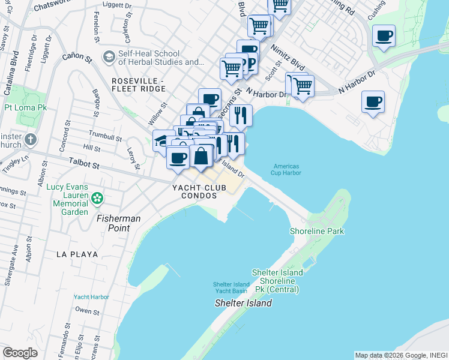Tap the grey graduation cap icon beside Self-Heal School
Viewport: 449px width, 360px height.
click(109, 57)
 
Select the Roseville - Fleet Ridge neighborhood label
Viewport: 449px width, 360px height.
click(137, 85)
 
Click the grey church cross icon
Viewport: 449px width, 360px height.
click(31, 140)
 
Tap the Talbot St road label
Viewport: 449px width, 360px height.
click(83, 161)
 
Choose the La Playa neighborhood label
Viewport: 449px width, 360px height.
click(77, 254)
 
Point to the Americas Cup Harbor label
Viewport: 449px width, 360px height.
click(286, 170)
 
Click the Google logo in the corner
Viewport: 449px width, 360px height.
click(20, 353)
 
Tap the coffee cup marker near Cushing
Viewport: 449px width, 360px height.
click(384, 35)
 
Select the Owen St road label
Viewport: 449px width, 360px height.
click(87, 311)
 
